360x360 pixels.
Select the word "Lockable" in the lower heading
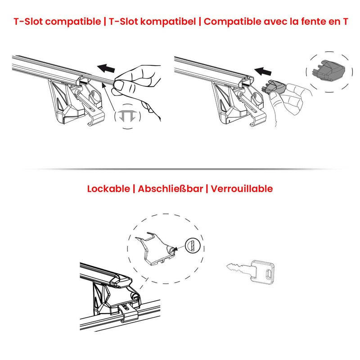point(108,189)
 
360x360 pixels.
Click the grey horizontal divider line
point(180,169)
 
